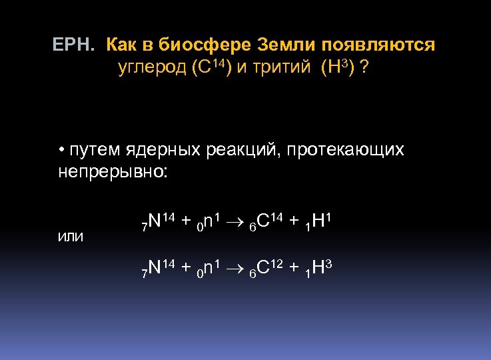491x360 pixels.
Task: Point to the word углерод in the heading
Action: [152, 68]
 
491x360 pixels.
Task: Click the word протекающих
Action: [346, 150]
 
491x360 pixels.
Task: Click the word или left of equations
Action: [71, 237]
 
